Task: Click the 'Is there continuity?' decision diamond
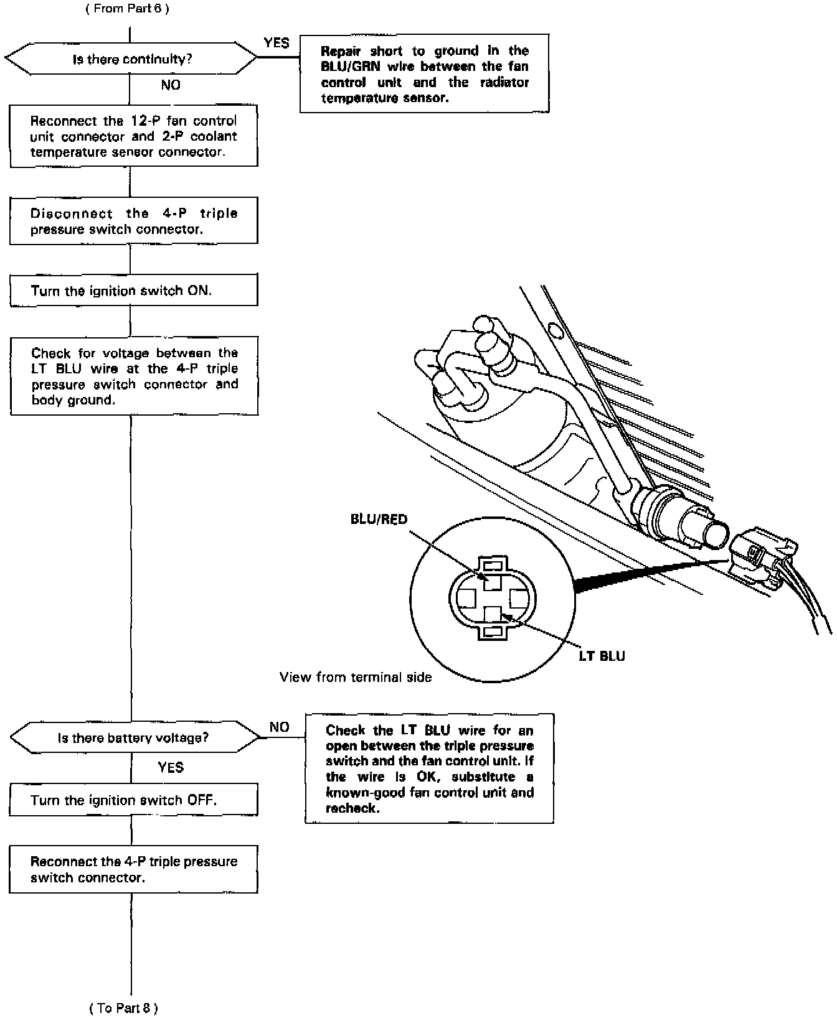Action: click(x=131, y=59)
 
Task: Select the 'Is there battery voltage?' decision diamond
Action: click(x=134, y=737)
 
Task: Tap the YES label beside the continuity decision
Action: click(x=277, y=43)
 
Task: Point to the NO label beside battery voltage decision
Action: click(x=280, y=727)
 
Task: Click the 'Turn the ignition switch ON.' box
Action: click(x=133, y=291)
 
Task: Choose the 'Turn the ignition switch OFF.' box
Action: click(x=133, y=800)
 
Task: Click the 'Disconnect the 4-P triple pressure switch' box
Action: click(x=133, y=222)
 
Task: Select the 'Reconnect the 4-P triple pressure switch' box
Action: click(x=133, y=869)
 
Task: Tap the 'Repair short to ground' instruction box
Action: click(x=425, y=74)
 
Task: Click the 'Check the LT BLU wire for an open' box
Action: click(x=429, y=768)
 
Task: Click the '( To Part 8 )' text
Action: click(x=123, y=1008)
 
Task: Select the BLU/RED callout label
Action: click(x=379, y=519)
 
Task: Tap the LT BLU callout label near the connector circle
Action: click(x=602, y=656)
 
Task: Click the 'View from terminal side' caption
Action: click(x=356, y=677)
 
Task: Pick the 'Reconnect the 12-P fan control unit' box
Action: click(x=133, y=136)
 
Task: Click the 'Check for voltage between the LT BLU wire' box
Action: click(x=134, y=376)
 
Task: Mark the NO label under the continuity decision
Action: click(x=171, y=85)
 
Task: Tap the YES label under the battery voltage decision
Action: click(x=171, y=767)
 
